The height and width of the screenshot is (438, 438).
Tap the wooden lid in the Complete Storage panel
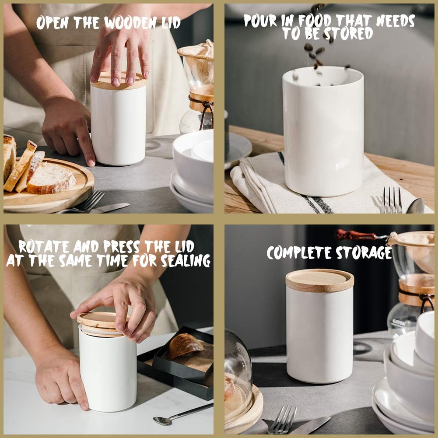tap(319, 280)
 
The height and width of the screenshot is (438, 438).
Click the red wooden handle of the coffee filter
tap(355, 235)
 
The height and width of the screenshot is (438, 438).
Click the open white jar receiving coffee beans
tap(323, 131)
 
